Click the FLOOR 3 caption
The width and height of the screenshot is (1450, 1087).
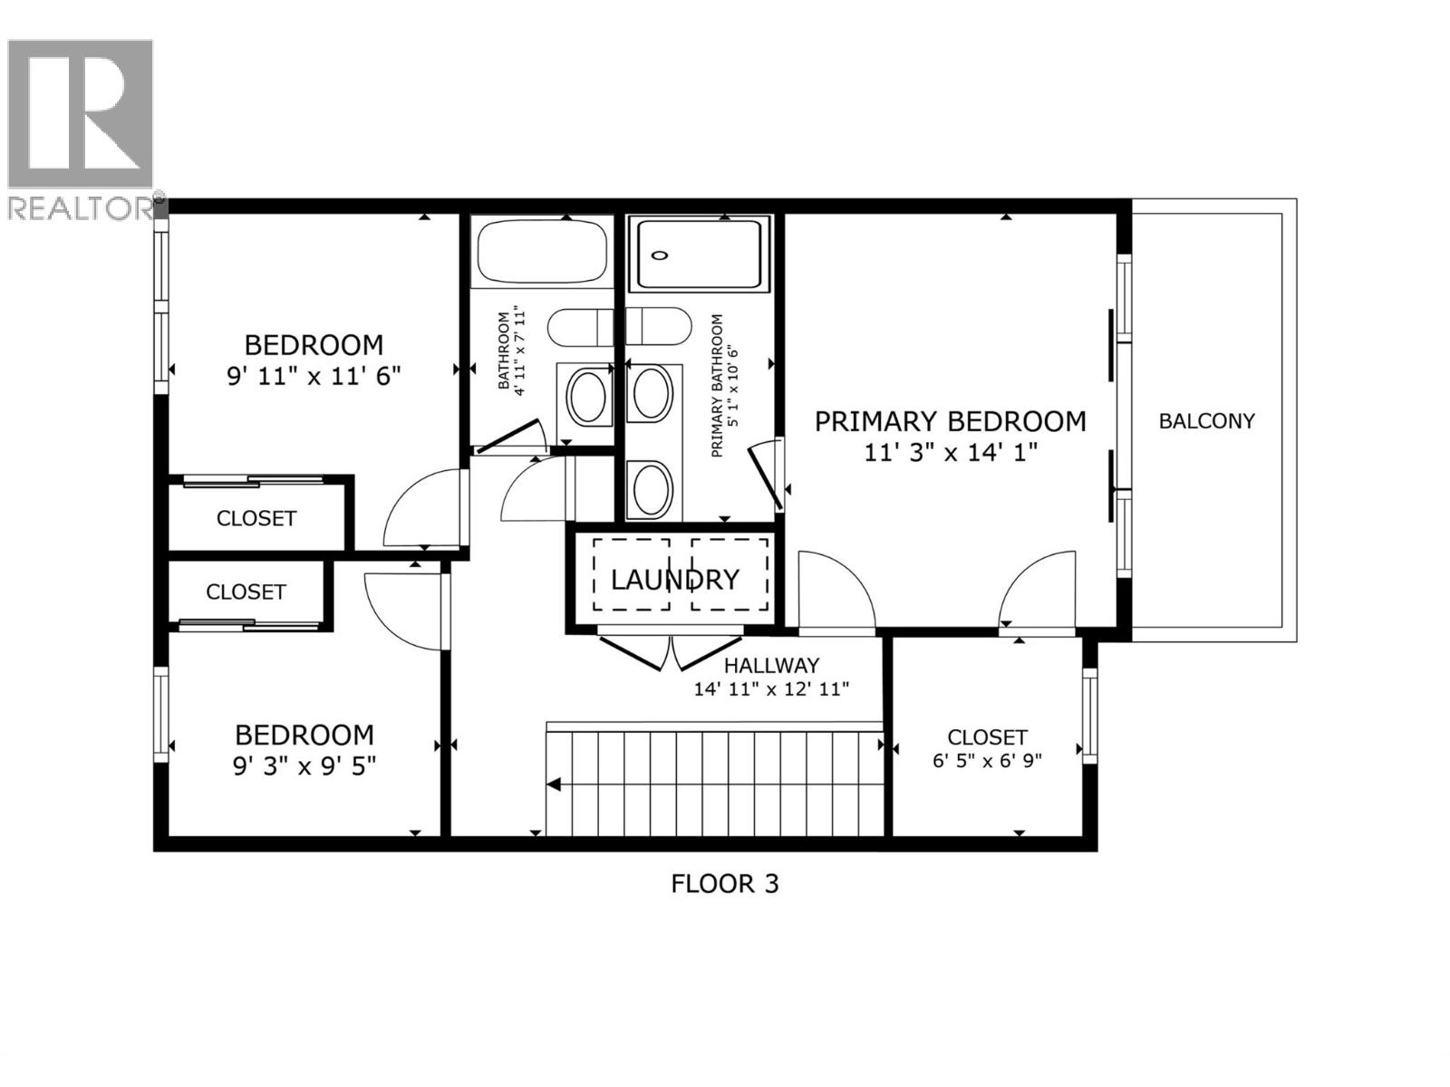click(724, 883)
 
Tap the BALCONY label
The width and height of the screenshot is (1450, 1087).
click(1206, 421)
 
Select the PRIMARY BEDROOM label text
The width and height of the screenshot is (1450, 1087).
click(950, 422)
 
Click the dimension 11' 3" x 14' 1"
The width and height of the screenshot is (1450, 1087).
click(950, 452)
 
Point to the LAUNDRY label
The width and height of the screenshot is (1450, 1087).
click(674, 580)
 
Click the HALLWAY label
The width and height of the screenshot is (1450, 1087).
click(771, 666)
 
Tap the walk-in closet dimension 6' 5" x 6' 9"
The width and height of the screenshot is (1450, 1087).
click(987, 760)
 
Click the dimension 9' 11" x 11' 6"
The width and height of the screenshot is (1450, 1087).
click(314, 375)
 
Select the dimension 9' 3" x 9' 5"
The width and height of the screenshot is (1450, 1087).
click(304, 766)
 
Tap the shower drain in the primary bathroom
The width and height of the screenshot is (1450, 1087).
click(661, 255)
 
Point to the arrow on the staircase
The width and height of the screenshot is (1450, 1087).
click(554, 784)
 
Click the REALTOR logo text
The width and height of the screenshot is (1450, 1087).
click(80, 208)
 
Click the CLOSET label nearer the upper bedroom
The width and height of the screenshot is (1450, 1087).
click(256, 518)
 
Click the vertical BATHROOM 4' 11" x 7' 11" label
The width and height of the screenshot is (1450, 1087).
click(511, 351)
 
